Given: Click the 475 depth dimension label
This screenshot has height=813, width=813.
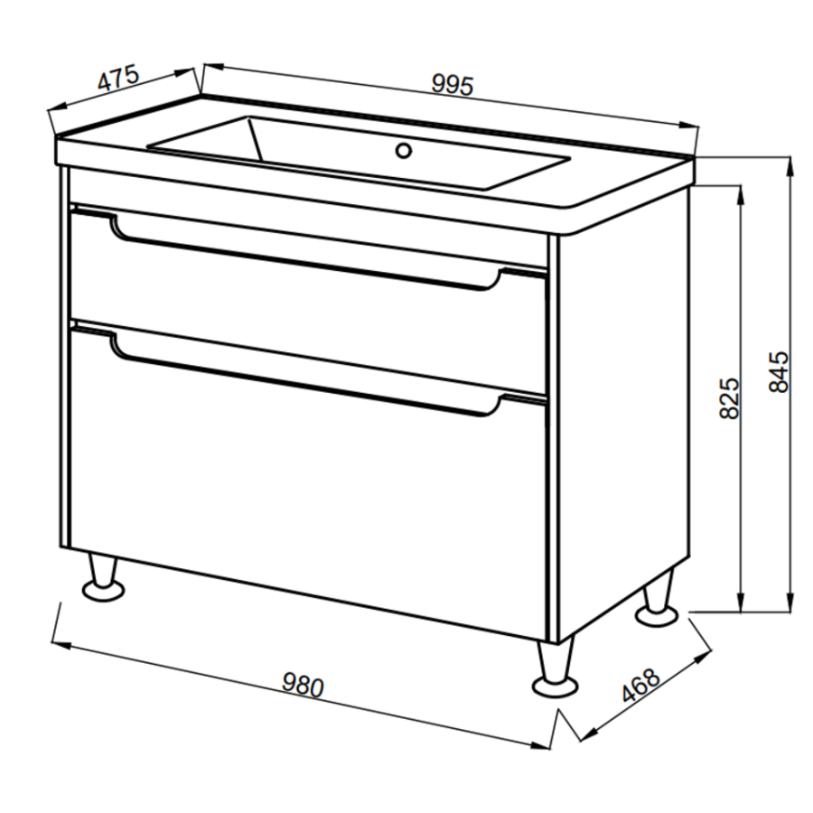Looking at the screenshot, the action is point(118,78).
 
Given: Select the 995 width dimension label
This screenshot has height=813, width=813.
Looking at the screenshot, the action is point(453,85).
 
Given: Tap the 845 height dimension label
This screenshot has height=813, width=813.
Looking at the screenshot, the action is point(779,371).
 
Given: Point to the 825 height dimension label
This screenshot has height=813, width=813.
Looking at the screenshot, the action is point(730,397).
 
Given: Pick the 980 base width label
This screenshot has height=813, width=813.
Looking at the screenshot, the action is point(303,686).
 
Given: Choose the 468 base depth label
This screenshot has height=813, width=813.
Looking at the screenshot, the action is point(640,686).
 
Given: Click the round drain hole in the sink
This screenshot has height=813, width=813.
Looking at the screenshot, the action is point(404,151).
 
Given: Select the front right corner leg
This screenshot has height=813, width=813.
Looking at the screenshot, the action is point(556,668).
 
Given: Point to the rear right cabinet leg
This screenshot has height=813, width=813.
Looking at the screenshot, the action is point(658,600).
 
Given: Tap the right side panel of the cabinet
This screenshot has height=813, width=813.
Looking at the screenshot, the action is point(622,415).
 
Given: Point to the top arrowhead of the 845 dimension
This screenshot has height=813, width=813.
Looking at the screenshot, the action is point(790,166).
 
